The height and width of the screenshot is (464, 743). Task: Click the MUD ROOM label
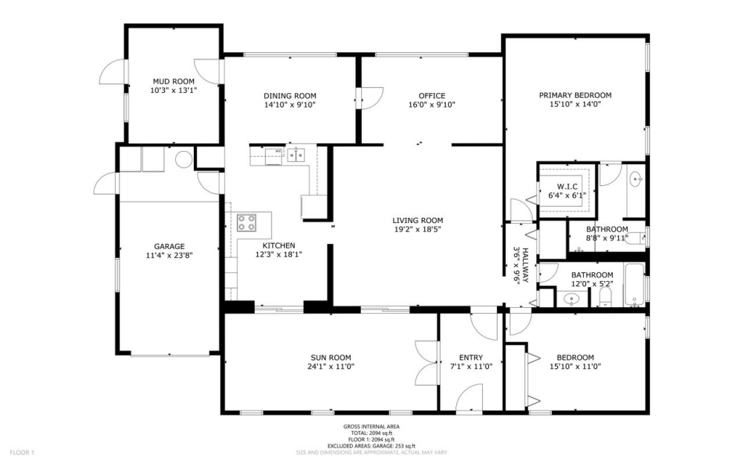[x=173, y=81]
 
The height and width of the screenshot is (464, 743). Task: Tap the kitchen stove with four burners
[x=247, y=222]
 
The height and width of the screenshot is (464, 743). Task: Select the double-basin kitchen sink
[x=296, y=155]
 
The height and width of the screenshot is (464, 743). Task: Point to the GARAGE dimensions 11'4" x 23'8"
[x=169, y=255]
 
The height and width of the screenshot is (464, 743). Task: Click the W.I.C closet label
[x=567, y=187]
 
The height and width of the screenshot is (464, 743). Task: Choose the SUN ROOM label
[x=331, y=358]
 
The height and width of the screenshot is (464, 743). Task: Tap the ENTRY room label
[x=471, y=358]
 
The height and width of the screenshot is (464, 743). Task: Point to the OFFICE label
[x=432, y=96]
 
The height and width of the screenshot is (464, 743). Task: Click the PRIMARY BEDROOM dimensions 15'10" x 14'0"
[x=575, y=104]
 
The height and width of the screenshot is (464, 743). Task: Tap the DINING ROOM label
[x=290, y=96]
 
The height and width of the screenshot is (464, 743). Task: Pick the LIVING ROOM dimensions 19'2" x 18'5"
[x=418, y=230]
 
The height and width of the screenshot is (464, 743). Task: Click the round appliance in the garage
[x=184, y=159]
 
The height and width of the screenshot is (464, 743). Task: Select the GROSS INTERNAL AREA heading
[x=371, y=427]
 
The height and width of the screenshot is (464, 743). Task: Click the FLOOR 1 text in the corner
[x=22, y=453]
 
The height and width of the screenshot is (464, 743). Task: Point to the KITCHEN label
[x=279, y=245]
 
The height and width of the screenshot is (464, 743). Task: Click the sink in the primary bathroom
[x=637, y=179]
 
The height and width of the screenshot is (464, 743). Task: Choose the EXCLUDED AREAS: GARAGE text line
[x=371, y=446]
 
